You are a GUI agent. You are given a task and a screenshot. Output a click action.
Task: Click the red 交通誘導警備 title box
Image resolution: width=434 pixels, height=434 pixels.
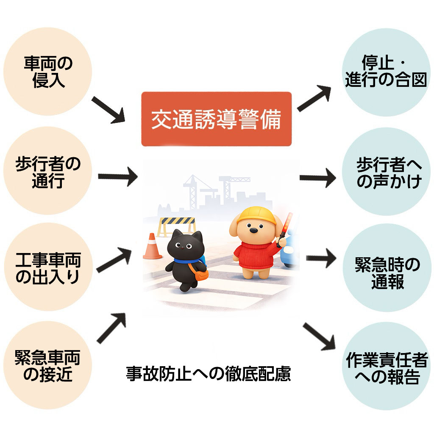click(216, 119)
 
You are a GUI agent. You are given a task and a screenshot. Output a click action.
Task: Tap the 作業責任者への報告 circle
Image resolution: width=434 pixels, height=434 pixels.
click(386, 365)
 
